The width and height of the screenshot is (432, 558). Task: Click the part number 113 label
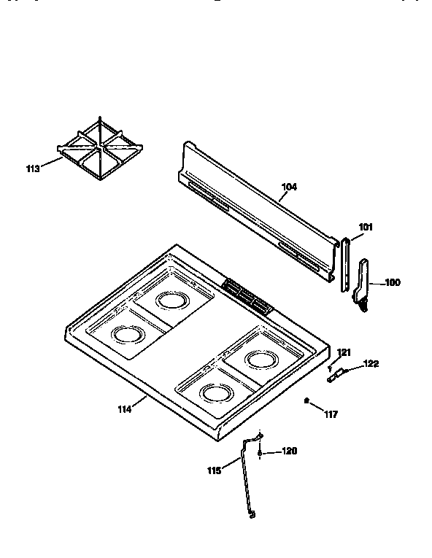coord(33,169)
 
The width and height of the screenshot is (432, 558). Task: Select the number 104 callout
coord(289,187)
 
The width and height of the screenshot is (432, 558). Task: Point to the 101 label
coord(366,227)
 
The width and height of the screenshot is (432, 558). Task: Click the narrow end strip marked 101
coord(345,264)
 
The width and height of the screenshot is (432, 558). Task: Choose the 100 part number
coord(393,282)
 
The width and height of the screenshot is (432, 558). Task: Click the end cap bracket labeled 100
coord(363,281)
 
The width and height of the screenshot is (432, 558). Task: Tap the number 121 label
coord(344,353)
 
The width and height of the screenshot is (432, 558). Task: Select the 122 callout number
coord(371,363)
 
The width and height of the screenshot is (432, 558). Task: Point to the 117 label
coord(331,415)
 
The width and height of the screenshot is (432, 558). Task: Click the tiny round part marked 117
coord(306,400)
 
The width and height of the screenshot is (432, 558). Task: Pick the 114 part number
coord(124,409)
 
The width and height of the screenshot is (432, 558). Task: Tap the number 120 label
coord(290,452)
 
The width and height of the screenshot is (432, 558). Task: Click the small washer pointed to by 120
coord(261,453)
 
